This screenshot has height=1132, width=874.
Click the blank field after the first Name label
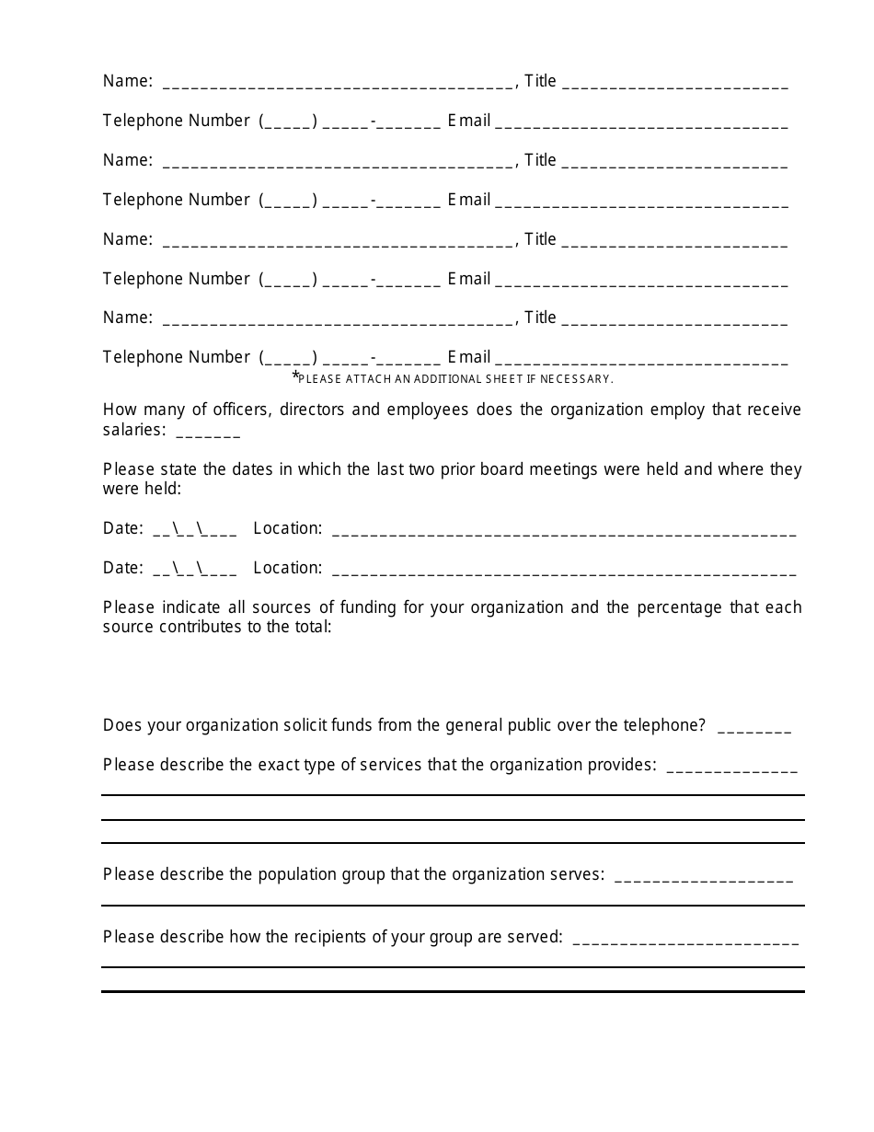click(339, 84)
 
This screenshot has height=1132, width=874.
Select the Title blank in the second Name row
click(674, 163)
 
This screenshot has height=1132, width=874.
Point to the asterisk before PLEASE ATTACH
click(295, 376)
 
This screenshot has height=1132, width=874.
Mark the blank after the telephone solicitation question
click(753, 728)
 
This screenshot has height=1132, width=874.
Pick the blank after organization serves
click(703, 877)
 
